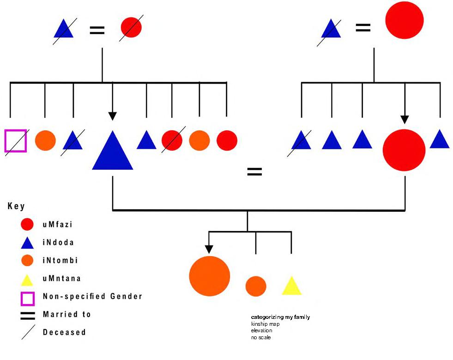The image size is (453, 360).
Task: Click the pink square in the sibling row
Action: click(x=16, y=140)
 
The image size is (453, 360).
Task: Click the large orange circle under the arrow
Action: click(x=210, y=276)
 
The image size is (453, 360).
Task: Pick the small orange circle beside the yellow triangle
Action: click(x=256, y=287)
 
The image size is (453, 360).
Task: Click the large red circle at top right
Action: click(x=404, y=20)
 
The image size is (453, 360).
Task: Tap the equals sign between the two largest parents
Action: click(x=254, y=172)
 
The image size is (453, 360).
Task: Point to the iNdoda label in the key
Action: click(x=58, y=243)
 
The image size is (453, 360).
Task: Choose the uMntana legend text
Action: click(x=61, y=279)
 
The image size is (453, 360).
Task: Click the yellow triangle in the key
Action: click(x=27, y=280)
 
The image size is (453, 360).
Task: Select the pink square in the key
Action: click(x=27, y=298)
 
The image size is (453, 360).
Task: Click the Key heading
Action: click(x=16, y=206)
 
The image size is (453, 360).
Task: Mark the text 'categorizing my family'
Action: click(x=280, y=317)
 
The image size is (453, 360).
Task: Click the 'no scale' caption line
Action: click(x=261, y=337)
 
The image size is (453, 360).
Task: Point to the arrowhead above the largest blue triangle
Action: click(x=113, y=116)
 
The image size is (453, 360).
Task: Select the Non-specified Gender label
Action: click(x=92, y=296)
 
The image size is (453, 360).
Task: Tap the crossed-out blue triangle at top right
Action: click(x=331, y=30)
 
